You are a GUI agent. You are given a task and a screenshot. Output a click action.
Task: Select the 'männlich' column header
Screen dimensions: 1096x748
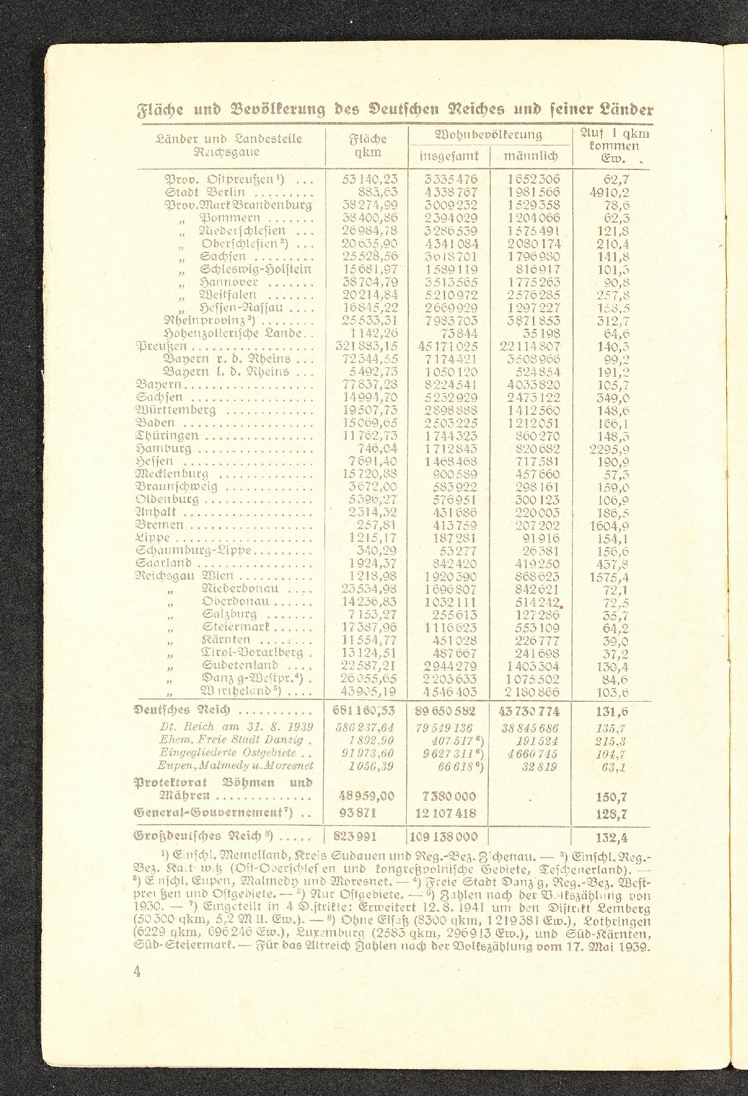click(531, 156)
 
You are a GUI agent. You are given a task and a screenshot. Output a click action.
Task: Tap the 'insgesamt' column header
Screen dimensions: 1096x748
click(449, 156)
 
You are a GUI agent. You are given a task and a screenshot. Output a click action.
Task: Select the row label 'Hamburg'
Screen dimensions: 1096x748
click(163, 449)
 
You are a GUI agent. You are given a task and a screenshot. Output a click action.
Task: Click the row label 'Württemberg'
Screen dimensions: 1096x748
click(175, 410)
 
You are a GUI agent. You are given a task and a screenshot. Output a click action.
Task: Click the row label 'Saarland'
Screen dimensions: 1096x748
click(163, 564)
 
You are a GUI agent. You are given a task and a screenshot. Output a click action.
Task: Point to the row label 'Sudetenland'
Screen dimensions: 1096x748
click(240, 665)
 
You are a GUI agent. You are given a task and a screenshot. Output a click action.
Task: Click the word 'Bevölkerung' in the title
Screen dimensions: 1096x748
click(279, 111)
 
